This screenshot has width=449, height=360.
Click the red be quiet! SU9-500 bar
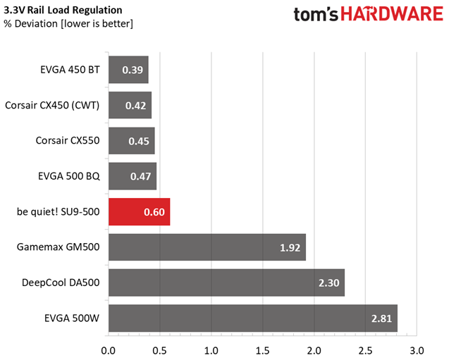coord(139,212)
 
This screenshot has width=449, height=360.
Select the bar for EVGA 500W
coord(253,318)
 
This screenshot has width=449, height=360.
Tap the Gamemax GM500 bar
coord(207,247)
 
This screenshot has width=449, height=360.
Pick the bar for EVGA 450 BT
coord(128,70)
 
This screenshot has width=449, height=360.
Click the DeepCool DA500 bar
coord(227,283)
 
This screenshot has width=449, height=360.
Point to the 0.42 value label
coord(136,106)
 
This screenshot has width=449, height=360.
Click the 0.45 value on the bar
coord(139,141)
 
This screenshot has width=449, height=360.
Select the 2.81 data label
coord(381,318)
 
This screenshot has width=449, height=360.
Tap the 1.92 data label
coord(290,247)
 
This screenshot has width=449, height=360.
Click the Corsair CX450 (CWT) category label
coord(52,105)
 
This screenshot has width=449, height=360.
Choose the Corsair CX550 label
coord(68,140)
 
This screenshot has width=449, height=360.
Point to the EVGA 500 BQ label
coord(69,176)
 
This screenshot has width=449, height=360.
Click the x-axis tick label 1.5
coord(263,351)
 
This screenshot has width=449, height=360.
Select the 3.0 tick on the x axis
coord(417,351)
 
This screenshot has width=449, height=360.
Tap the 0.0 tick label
coord(109,351)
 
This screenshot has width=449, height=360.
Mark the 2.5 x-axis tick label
coord(365,351)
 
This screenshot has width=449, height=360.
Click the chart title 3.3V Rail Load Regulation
coord(63,10)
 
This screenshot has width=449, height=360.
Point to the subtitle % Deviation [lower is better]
coord(68,23)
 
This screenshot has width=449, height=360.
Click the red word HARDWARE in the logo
coord(392,13)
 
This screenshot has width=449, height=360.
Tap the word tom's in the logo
coord(316,14)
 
